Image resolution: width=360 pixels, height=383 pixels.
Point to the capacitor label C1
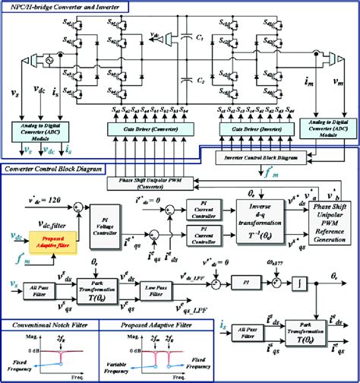point(199,37)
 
